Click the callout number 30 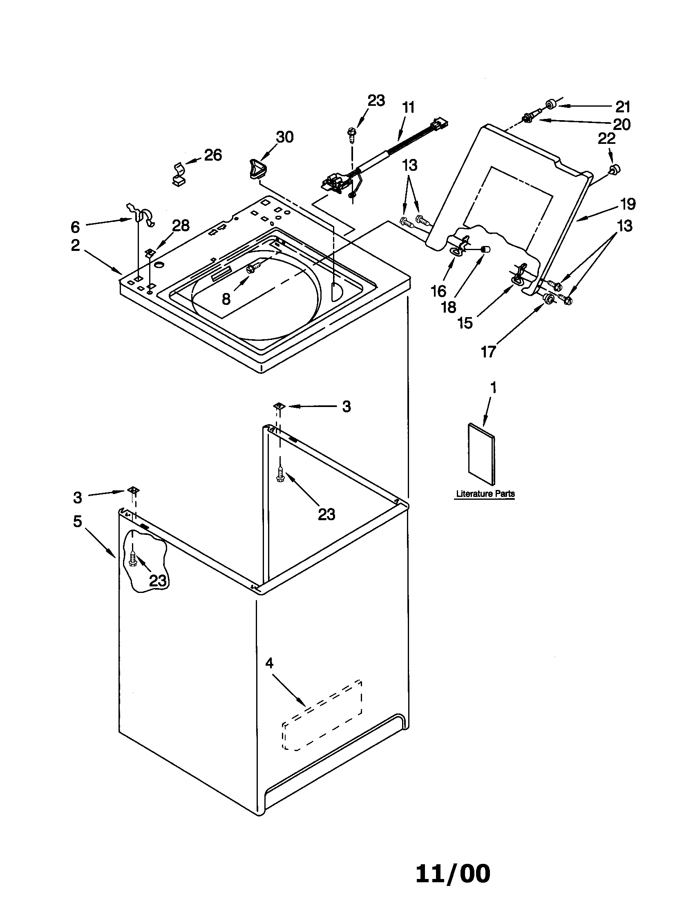pyautogui.click(x=284, y=137)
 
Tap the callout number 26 pyautogui.click(x=213, y=155)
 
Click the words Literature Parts pyautogui.click(x=485, y=494)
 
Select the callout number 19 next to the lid pyautogui.click(x=628, y=204)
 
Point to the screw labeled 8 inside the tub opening pyautogui.click(x=250, y=269)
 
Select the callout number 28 pyautogui.click(x=181, y=225)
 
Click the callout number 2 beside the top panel pyautogui.click(x=75, y=245)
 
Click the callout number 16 pyautogui.click(x=439, y=291)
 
